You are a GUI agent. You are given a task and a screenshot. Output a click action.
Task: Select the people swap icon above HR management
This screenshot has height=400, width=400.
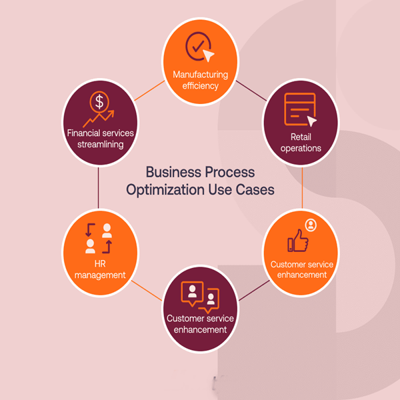[99, 239]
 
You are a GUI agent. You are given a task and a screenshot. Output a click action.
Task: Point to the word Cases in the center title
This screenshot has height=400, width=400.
[256, 189]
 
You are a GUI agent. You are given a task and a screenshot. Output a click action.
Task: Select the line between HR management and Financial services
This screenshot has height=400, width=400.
[99, 187]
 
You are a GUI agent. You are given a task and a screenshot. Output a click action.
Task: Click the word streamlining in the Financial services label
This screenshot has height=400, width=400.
[99, 144]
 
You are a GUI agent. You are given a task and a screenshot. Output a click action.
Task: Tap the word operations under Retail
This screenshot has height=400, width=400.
[301, 148]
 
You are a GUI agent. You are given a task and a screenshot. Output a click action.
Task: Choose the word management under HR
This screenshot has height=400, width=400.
[100, 275]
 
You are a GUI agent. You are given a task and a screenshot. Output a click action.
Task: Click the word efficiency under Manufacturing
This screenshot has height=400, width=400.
[200, 85]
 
